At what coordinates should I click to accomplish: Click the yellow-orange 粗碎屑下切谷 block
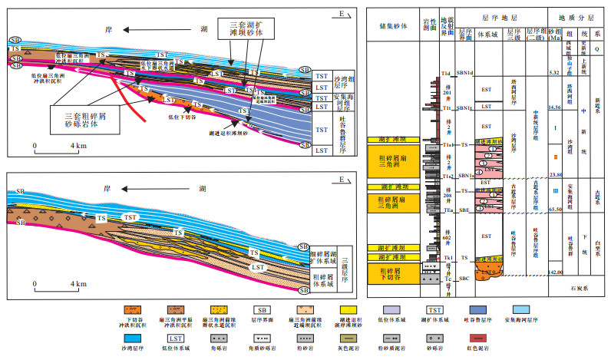click(x=395, y=271)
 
